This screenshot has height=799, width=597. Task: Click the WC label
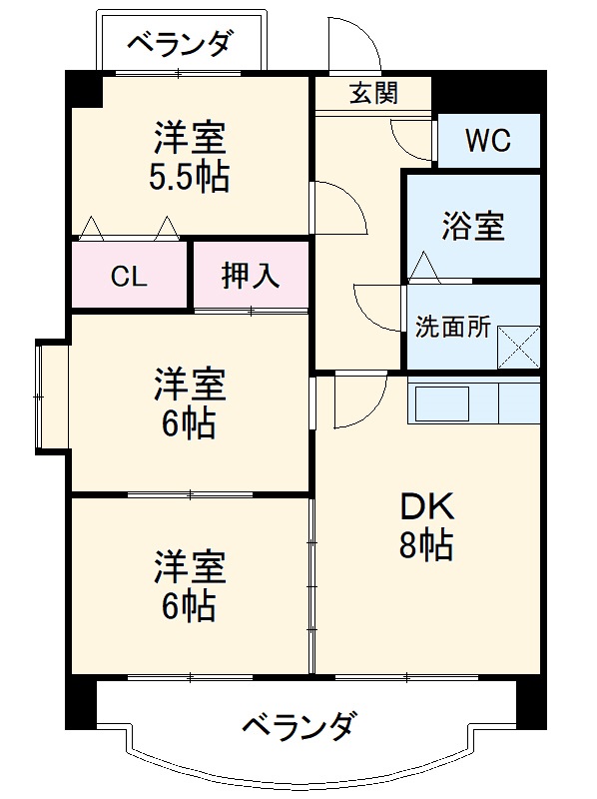tap(488, 141)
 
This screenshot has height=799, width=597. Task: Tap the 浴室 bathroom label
tap(473, 226)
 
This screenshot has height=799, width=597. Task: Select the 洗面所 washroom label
tap(452, 328)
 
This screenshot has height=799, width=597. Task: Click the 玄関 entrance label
tap(373, 94)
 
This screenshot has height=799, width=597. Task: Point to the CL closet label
tap(129, 277)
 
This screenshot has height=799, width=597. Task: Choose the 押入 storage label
tap(251, 277)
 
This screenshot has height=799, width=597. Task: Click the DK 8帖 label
tap(427, 527)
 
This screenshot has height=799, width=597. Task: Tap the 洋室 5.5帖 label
tap(191, 156)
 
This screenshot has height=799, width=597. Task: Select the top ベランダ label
tap(182, 43)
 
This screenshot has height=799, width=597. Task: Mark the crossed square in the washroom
tap(519, 347)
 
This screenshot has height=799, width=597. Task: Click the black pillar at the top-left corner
tap(84, 89)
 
